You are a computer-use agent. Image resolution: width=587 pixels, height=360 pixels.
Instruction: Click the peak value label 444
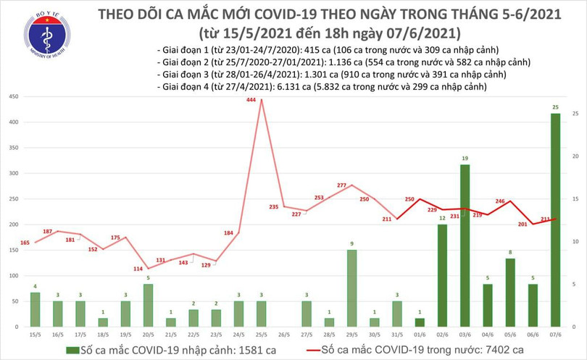pyautogui.click(x=251, y=101)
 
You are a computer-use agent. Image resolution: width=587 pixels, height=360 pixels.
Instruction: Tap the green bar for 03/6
pyautogui.click(x=465, y=246)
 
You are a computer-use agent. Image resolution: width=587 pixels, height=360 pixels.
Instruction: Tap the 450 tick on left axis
pyautogui.click(x=14, y=96)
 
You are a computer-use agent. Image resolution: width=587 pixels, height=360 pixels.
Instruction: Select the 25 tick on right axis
pyautogui.click(x=574, y=114)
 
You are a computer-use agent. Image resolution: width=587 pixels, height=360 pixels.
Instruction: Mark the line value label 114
pyautogui.click(x=138, y=269)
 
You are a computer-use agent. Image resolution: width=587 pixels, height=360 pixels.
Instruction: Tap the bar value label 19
pyautogui.click(x=465, y=159)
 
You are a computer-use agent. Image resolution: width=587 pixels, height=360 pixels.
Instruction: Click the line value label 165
pyautogui.click(x=25, y=242)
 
